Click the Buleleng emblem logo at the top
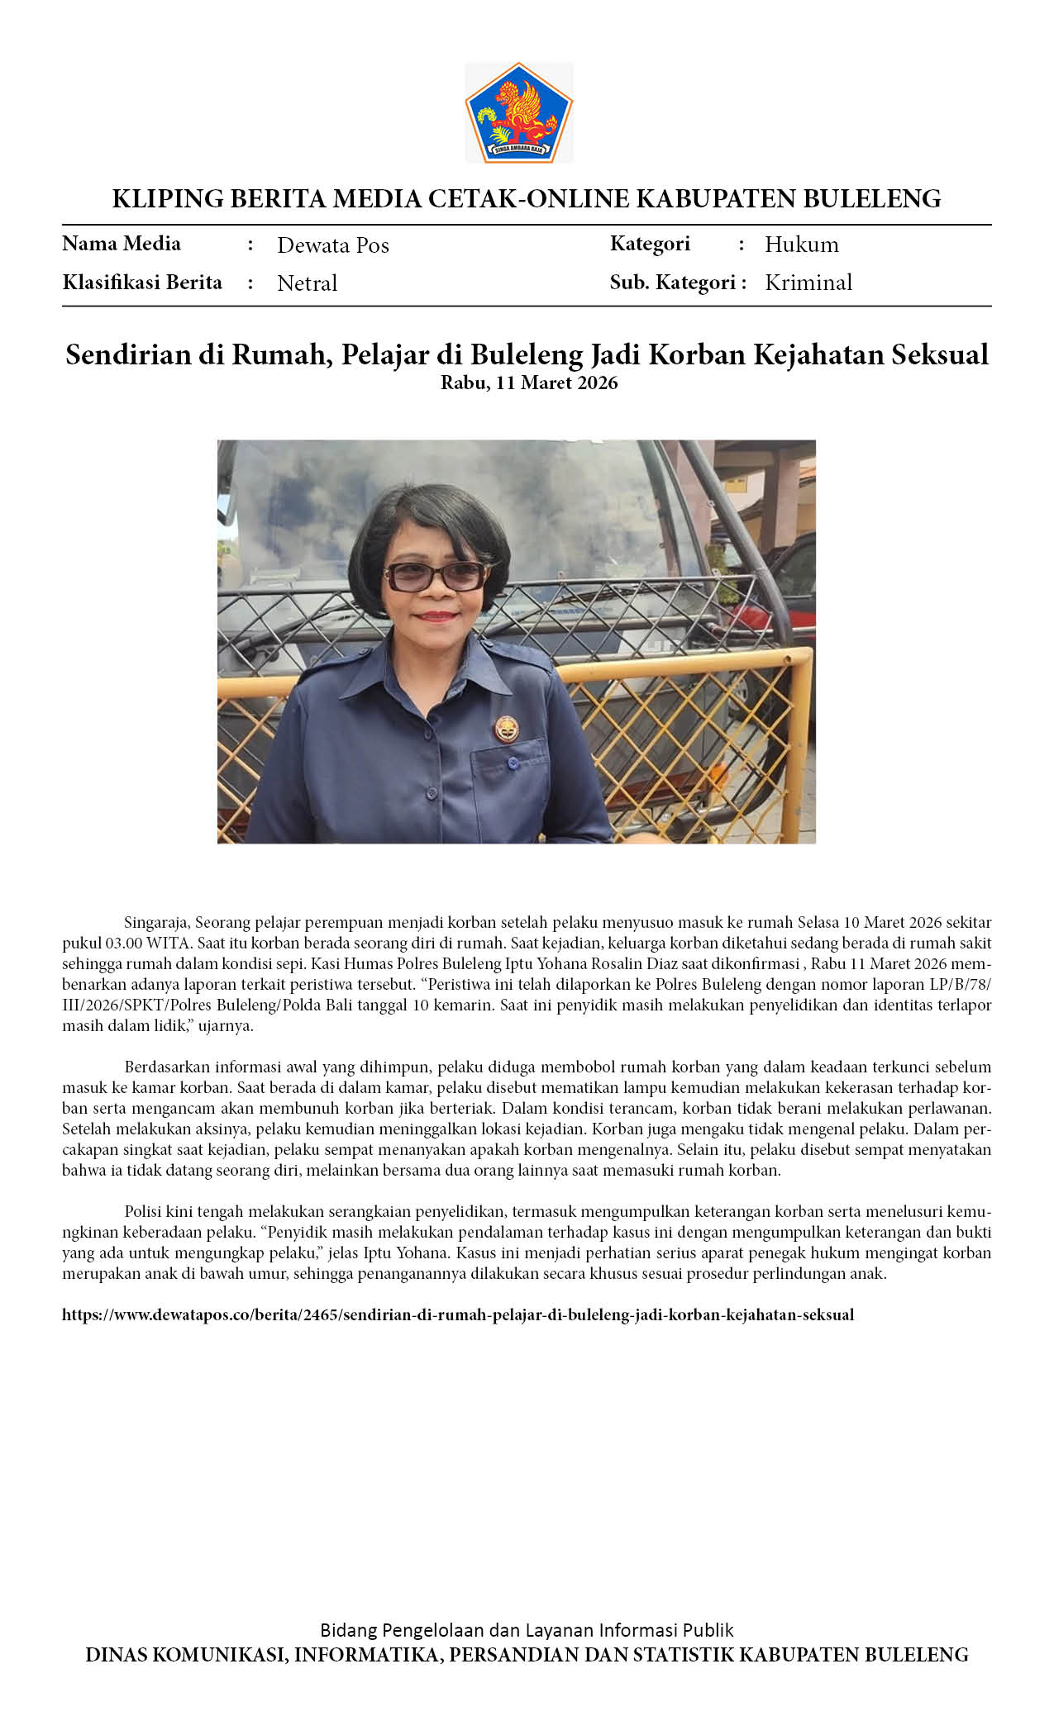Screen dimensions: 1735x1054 point(519,112)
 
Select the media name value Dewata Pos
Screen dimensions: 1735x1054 point(332,245)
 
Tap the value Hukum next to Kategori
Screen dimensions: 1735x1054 point(801,245)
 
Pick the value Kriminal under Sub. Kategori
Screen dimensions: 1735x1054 point(808,283)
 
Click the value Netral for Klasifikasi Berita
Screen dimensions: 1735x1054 point(307,283)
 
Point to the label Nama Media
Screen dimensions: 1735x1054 point(122,244)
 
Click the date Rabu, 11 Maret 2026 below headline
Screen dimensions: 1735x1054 point(529,383)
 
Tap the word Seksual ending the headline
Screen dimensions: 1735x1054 point(940,354)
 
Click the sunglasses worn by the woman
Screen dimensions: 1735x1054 point(436,575)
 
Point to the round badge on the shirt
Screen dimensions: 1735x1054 point(505,728)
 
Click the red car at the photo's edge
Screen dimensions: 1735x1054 point(789,587)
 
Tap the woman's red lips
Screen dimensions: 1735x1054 point(436,616)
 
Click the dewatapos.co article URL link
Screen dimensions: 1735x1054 point(458,1314)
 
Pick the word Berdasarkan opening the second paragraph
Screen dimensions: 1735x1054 point(168,1067)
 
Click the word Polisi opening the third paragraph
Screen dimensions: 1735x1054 point(143,1211)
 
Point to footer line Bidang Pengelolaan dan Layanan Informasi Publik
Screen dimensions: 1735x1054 point(527,1630)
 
